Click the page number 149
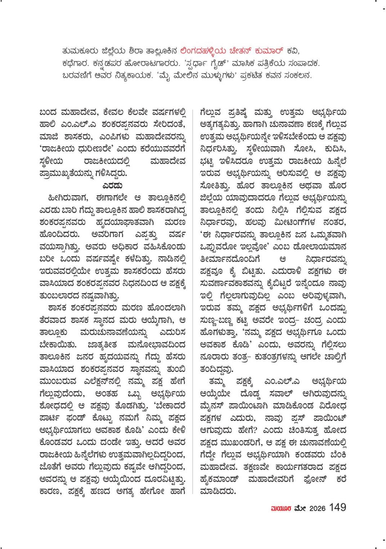(337, 507)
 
